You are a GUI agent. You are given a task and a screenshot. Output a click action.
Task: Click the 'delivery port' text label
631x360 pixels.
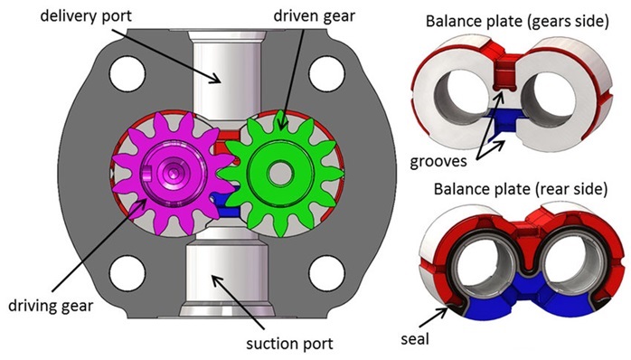86,16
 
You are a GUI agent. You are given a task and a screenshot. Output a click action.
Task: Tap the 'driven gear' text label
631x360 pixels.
315,16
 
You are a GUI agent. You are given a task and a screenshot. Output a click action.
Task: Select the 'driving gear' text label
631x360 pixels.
51,306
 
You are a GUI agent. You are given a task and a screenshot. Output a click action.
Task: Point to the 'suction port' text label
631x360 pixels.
290,344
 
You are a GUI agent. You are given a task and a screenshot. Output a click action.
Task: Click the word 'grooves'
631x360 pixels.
438,162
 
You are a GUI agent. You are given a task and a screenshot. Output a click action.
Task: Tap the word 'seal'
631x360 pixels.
415,338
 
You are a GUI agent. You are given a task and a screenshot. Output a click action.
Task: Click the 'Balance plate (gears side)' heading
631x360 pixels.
517,21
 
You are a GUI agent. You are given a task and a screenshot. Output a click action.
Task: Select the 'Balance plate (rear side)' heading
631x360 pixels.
521,189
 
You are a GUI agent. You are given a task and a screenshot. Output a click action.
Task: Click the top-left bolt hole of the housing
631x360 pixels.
127,73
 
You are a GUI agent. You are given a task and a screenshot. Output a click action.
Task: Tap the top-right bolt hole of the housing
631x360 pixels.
326,73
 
